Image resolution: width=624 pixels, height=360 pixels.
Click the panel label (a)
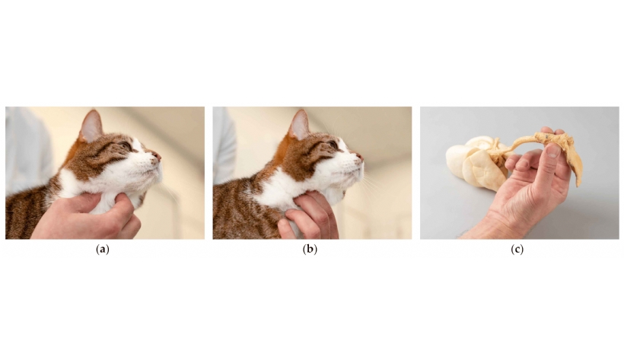pyautogui.click(x=103, y=250)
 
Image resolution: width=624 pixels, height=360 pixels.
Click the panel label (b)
pyautogui.click(x=310, y=250)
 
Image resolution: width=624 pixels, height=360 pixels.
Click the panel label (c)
pyautogui.click(x=517, y=250)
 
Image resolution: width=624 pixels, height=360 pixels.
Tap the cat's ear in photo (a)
pyautogui.click(x=91, y=126)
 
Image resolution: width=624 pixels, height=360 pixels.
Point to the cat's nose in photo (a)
pyautogui.click(x=158, y=156)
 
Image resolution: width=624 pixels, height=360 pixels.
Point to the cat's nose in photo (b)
pyautogui.click(x=360, y=157)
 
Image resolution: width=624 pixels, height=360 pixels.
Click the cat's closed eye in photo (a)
pyautogui.click(x=126, y=145)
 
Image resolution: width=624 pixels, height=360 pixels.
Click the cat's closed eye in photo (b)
pyautogui.click(x=333, y=145)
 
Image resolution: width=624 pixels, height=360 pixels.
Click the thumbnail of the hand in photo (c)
pyautogui.click(x=552, y=150)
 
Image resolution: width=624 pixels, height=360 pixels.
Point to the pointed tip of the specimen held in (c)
pyautogui.click(x=578, y=184)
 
